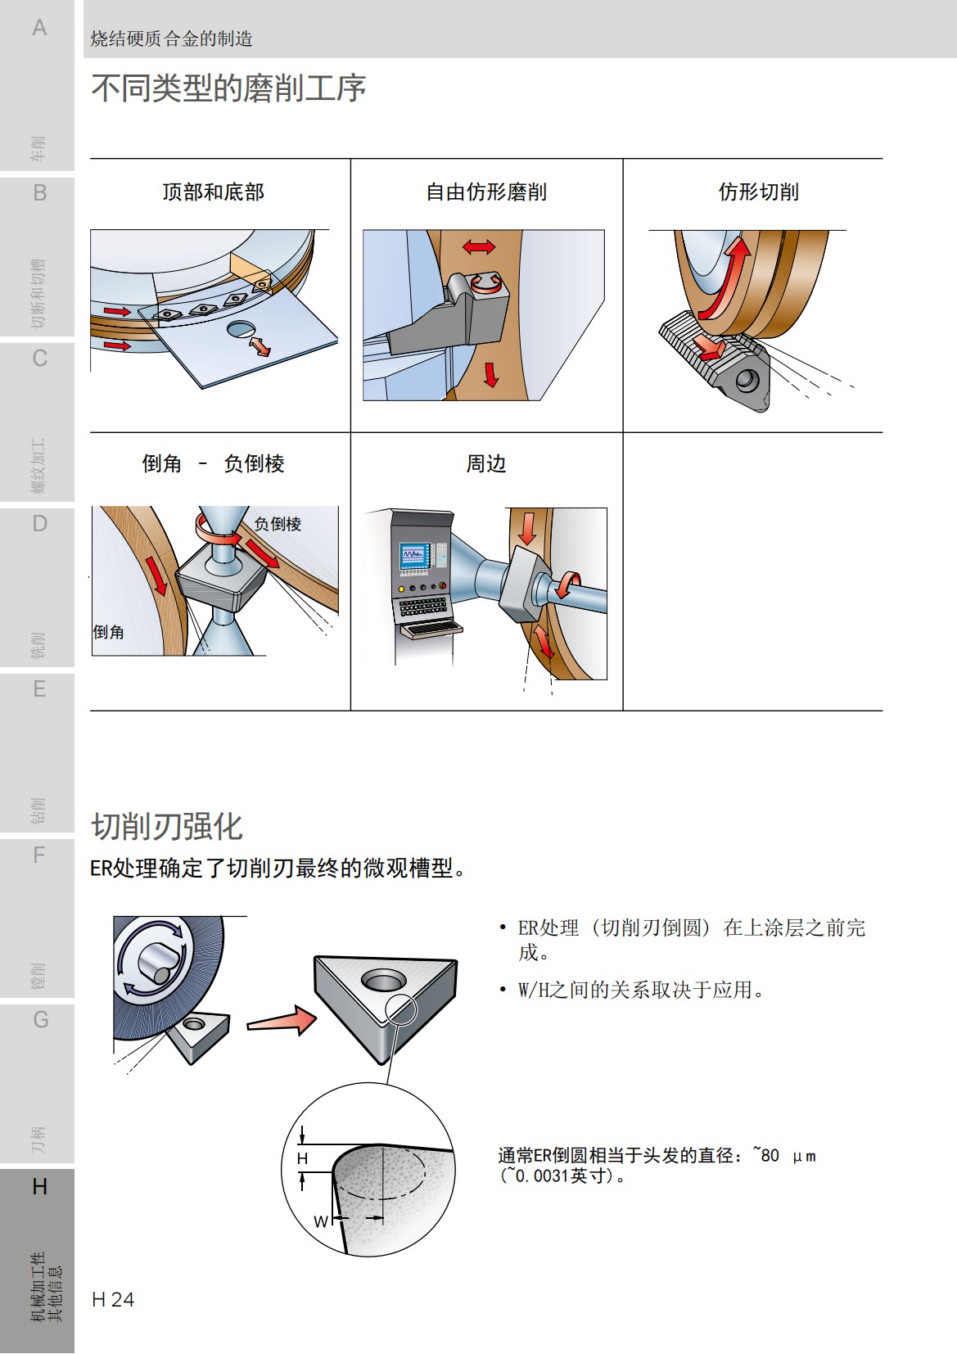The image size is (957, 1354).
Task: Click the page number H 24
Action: click(113, 1299)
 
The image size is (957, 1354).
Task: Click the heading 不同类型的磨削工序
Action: click(228, 88)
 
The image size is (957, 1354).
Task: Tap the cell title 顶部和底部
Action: click(213, 192)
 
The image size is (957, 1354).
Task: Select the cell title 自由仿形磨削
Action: click(486, 192)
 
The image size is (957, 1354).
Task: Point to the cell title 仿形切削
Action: click(758, 192)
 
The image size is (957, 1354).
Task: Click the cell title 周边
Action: click(486, 464)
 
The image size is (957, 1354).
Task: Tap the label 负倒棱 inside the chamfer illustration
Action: click(278, 524)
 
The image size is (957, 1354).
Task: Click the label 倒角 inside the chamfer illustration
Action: click(109, 632)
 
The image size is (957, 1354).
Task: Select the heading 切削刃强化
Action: click(167, 827)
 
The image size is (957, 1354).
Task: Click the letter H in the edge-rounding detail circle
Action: click(302, 1158)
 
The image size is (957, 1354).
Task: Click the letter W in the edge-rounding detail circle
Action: click(321, 1221)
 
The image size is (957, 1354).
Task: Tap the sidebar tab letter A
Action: click(39, 28)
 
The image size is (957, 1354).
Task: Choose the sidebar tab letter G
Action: click(40, 1020)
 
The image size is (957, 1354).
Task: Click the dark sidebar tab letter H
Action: click(39, 1186)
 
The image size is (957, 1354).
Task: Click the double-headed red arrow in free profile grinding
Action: click(479, 246)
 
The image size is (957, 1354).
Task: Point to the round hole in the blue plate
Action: click(241, 329)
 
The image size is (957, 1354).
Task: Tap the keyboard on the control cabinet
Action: click(431, 629)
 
